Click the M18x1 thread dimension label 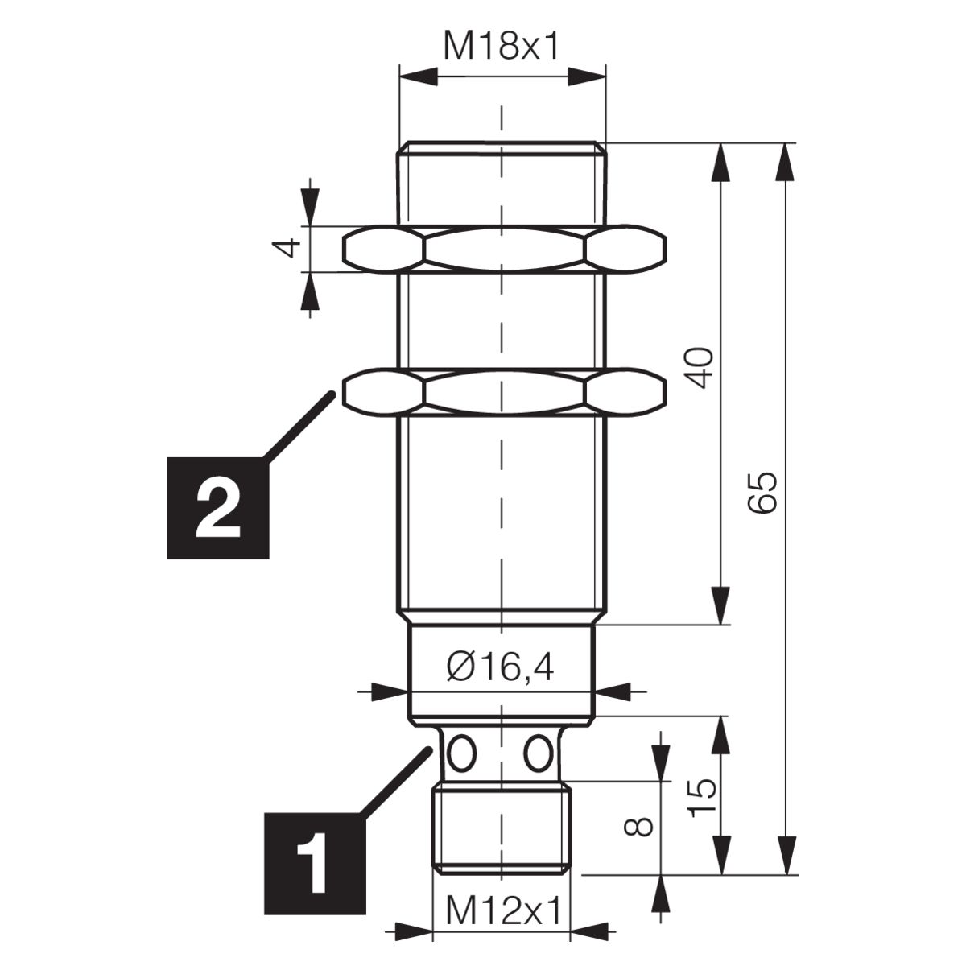pos(501,47)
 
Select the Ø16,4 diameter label pos(500,668)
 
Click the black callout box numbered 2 pos(218,508)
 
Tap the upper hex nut pos(504,249)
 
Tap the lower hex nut pos(504,392)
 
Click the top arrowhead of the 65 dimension pos(785,162)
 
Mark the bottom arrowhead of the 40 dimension pos(721,606)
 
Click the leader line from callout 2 pos(299,426)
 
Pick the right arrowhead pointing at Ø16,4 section pos(612,691)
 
